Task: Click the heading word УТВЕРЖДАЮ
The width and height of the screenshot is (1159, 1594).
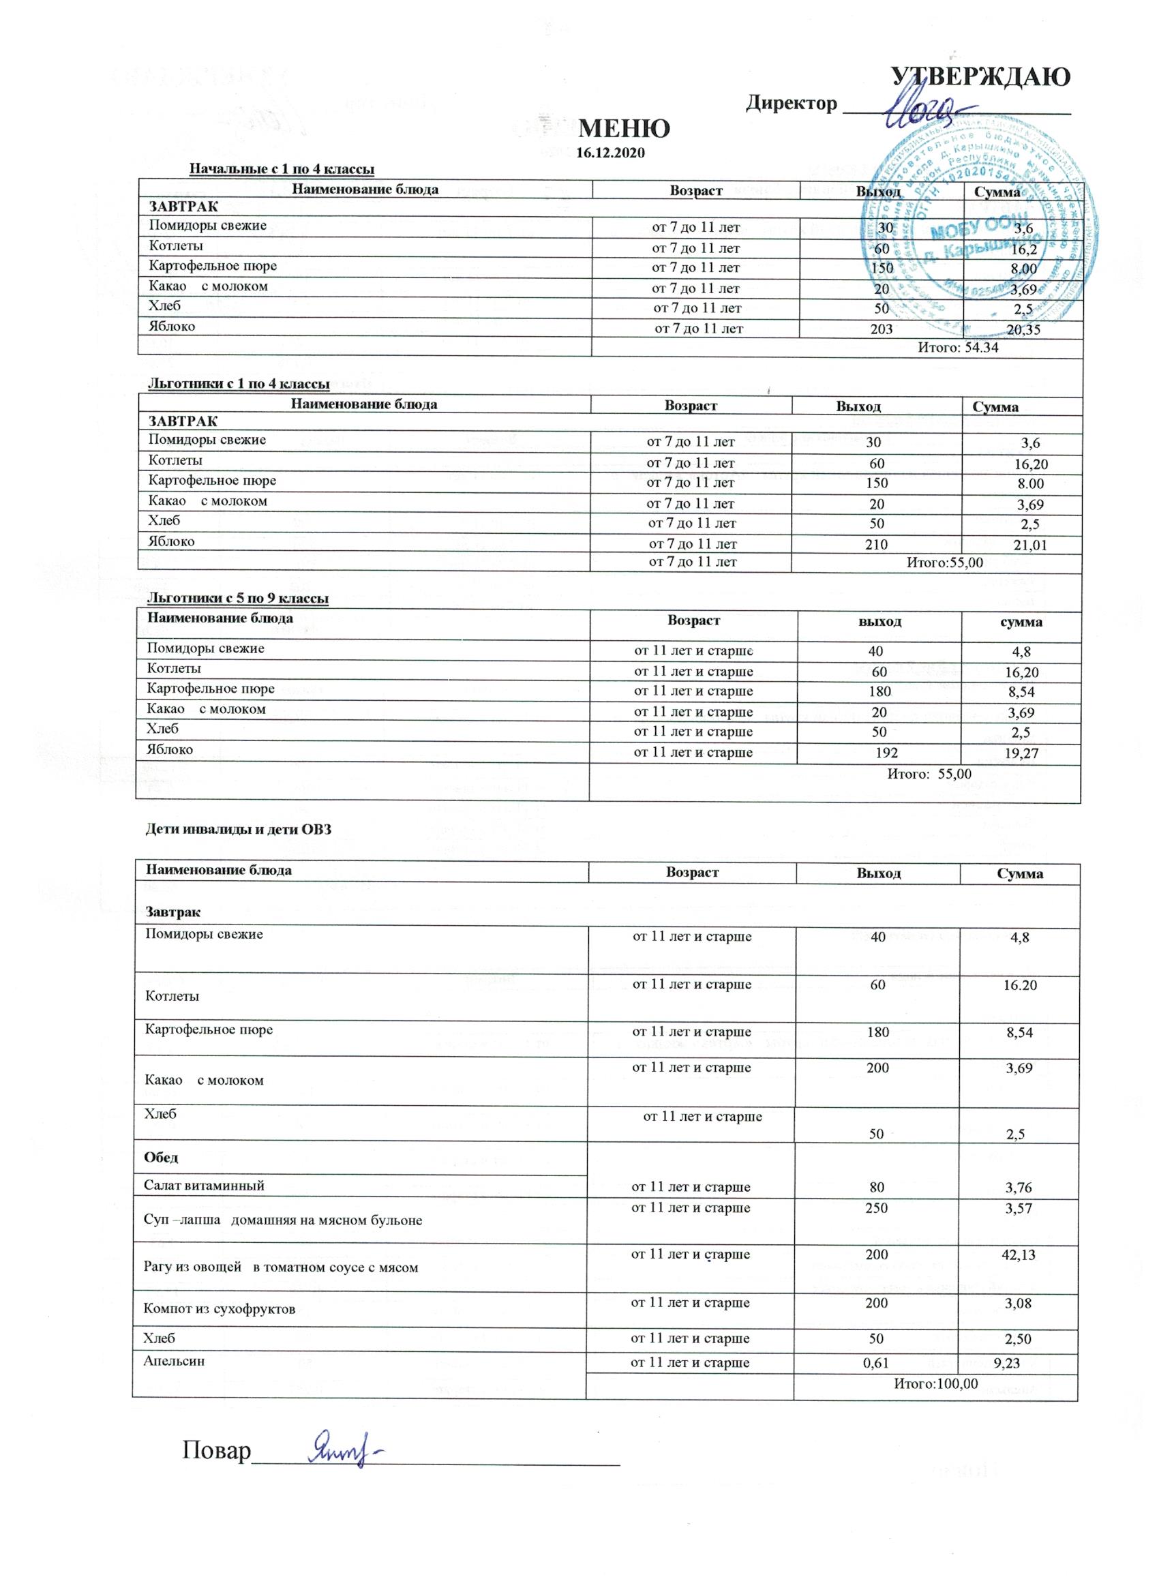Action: pos(980,76)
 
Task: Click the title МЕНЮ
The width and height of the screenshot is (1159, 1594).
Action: pos(623,129)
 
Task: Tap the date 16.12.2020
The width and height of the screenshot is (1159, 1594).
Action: pos(610,153)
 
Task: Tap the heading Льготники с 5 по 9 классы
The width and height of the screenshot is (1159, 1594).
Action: pos(237,598)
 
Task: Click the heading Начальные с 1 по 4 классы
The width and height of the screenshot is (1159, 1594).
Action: pos(282,168)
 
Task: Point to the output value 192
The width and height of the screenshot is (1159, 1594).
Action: pos(886,753)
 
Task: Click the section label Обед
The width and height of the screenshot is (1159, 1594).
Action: pos(161,1157)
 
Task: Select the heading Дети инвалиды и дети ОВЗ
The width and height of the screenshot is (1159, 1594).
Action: pos(237,829)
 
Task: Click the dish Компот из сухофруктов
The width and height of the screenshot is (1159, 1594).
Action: pos(220,1309)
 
